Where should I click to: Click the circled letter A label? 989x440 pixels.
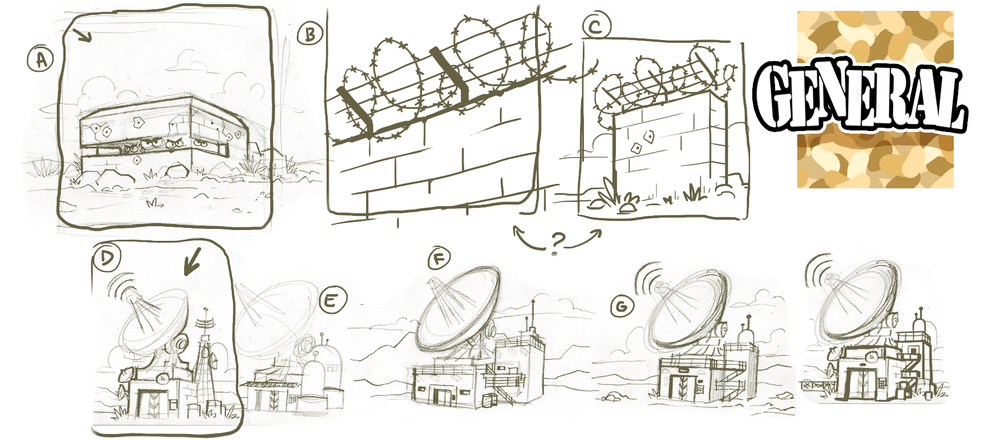(41, 60)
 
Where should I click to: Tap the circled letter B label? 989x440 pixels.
(310, 35)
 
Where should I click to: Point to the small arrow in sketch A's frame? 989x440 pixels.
(83, 36)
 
